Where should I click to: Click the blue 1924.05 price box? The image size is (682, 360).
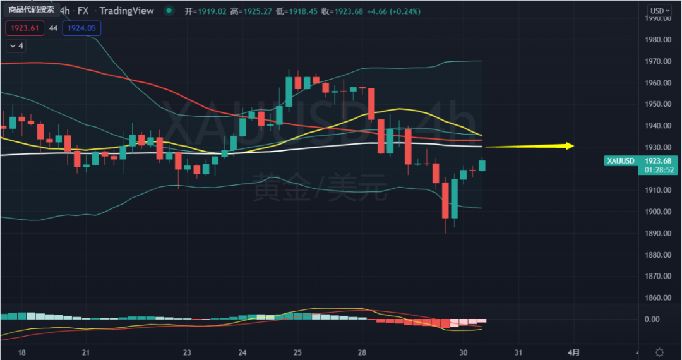[x=81, y=28]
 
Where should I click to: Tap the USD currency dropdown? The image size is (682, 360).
[x=660, y=10]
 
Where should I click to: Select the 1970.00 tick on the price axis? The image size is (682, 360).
[x=657, y=61]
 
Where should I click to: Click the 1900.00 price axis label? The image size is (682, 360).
[x=657, y=212]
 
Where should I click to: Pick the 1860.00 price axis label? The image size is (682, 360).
[x=657, y=297]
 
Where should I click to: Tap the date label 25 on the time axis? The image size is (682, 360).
[x=297, y=351]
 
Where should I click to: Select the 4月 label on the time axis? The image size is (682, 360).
[x=573, y=351]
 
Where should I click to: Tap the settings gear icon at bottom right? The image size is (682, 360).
[x=659, y=352]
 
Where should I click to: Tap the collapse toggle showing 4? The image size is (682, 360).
[x=16, y=46]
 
